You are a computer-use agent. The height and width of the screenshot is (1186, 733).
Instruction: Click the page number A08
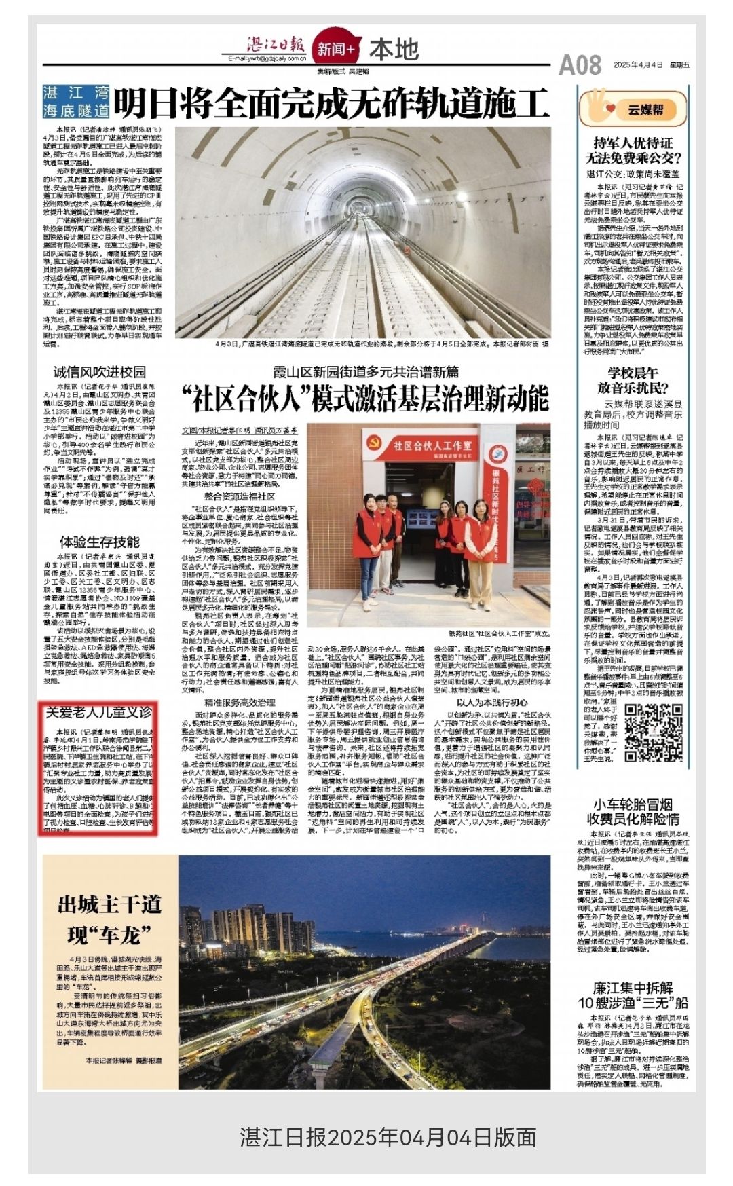tap(580, 65)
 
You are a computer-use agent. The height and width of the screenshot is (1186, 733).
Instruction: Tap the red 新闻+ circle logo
tap(335, 50)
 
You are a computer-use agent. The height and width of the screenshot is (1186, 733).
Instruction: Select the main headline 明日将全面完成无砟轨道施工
tap(331, 103)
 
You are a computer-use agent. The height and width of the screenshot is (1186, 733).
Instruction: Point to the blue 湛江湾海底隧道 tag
tap(75, 102)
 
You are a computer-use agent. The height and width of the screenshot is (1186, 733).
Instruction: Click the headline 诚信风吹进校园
tap(100, 371)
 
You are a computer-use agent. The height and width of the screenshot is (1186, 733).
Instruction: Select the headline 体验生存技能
tap(99, 542)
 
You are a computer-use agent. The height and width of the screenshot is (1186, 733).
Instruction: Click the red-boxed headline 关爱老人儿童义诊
tap(99, 712)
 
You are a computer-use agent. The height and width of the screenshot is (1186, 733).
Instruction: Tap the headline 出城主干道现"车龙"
tap(109, 920)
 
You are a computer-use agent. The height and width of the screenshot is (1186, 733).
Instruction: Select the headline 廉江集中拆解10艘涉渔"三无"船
tap(633, 995)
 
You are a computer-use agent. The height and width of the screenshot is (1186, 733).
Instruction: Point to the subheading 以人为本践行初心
tap(491, 702)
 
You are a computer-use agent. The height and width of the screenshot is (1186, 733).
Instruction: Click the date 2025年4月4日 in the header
tap(637, 65)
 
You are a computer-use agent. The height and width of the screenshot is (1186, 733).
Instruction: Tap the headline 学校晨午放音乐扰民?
tap(633, 380)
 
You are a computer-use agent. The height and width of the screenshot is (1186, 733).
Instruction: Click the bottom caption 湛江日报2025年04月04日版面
tap(388, 1136)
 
